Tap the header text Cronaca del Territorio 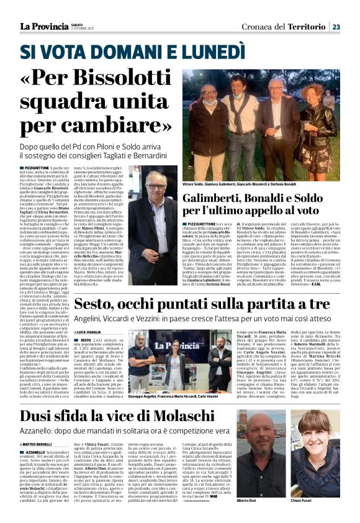pos(290,27)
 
